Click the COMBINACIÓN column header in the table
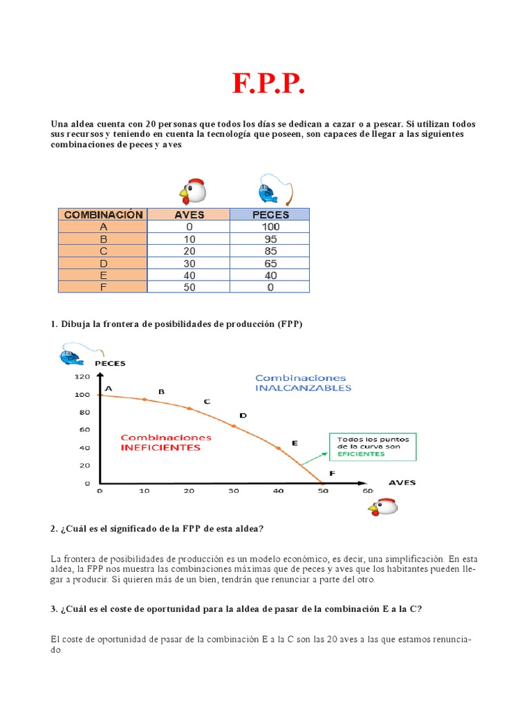[x=103, y=214]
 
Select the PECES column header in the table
[x=270, y=214]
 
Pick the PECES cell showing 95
[x=270, y=239]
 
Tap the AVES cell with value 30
[x=189, y=263]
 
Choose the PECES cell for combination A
[x=270, y=227]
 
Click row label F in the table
[x=103, y=287]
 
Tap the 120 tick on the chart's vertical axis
[x=82, y=378]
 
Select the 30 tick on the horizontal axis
[x=233, y=491]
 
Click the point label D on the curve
[x=243, y=416]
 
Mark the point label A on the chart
[x=109, y=389]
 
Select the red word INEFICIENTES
[x=160, y=447]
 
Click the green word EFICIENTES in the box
[x=360, y=454]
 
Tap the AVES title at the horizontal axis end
[x=402, y=482]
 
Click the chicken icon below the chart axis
[x=382, y=508]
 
